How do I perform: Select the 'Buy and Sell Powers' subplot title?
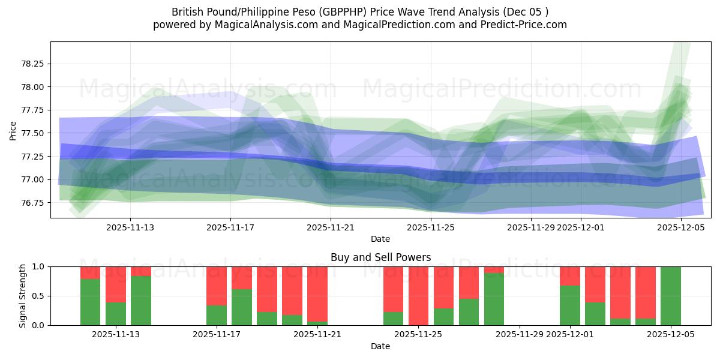(x=380, y=257)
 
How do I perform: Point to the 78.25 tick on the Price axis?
(x=35, y=64)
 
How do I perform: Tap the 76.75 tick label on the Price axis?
(x=35, y=203)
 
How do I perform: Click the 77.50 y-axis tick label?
(x=35, y=133)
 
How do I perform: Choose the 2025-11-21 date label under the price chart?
(x=331, y=227)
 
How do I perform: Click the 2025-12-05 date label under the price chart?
(x=681, y=227)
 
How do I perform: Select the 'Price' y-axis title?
(x=13, y=130)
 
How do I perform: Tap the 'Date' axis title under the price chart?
(x=380, y=239)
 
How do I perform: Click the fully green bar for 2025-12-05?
(x=671, y=296)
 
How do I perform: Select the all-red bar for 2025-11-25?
(x=419, y=296)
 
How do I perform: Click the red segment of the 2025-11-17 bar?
(x=217, y=286)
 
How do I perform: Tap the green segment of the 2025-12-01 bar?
(x=570, y=305)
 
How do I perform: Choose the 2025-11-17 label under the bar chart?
(x=217, y=334)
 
